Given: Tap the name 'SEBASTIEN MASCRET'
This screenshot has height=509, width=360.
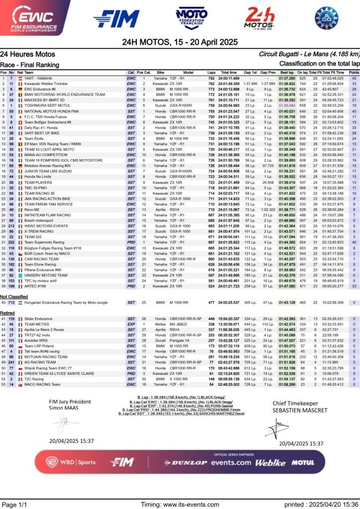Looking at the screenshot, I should pos(300,410).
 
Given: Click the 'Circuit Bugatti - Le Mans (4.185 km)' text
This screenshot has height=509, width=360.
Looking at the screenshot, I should pos(309,54).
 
